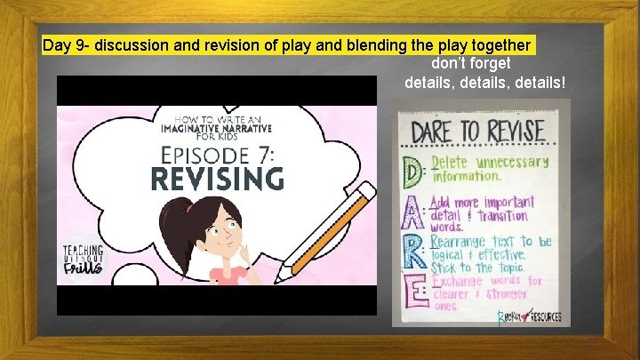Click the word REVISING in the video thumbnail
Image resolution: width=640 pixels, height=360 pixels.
pyautogui.click(x=218, y=178)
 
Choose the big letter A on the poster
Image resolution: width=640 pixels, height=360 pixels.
pyautogui.click(x=414, y=209)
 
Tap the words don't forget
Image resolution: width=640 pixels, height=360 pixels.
pyautogui.click(x=471, y=64)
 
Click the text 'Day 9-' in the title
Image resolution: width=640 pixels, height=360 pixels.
pyautogui.click(x=67, y=45)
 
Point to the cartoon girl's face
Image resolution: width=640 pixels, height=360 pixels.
pyautogui.click(x=211, y=234)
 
